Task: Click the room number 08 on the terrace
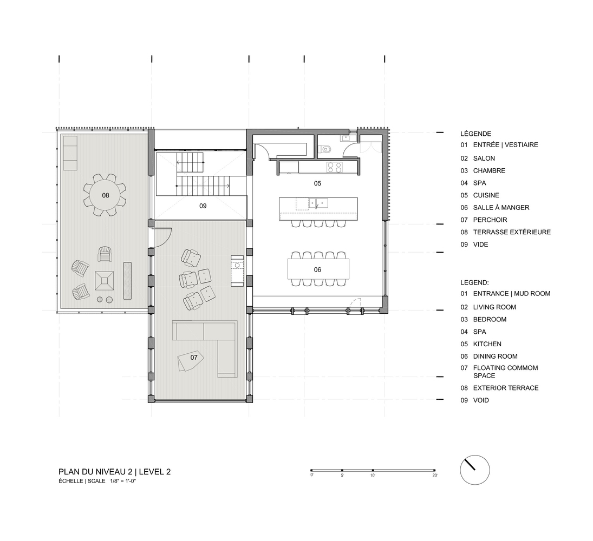(105, 195)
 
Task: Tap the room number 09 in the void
(203, 206)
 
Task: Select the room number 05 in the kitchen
(317, 183)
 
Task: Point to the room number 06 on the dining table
(317, 269)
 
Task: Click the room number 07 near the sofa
(193, 358)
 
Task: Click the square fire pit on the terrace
(104, 280)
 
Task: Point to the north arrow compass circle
(474, 470)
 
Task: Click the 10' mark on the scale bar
(373, 470)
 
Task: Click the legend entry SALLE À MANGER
(501, 207)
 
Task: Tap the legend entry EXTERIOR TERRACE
(505, 388)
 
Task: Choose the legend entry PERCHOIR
(490, 220)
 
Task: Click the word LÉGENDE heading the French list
(475, 134)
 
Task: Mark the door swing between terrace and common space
(164, 237)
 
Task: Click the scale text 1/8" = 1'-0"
(122, 481)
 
